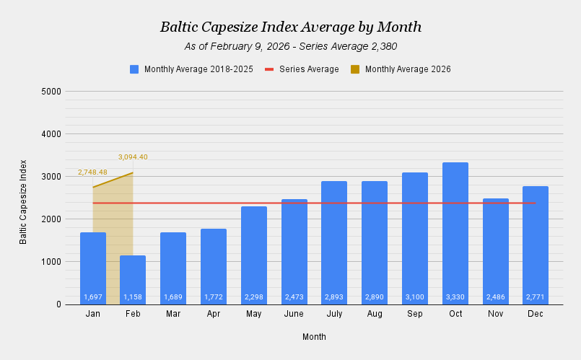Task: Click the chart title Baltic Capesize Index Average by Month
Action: click(290, 27)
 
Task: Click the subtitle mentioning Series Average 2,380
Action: click(290, 47)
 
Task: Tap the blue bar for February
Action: click(133, 278)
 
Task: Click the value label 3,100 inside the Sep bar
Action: click(415, 297)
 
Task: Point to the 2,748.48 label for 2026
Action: click(92, 172)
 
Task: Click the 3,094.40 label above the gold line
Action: click(133, 157)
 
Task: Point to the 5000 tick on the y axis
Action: click(51, 92)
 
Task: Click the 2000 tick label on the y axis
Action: click(51, 219)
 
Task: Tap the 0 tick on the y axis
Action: click(58, 304)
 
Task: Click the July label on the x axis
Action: click(334, 315)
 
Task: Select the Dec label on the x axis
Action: click(536, 315)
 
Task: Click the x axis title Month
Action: click(314, 337)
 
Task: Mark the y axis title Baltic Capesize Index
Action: click(23, 201)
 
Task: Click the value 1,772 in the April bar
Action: click(214, 297)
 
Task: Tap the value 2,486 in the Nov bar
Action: click(496, 297)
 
